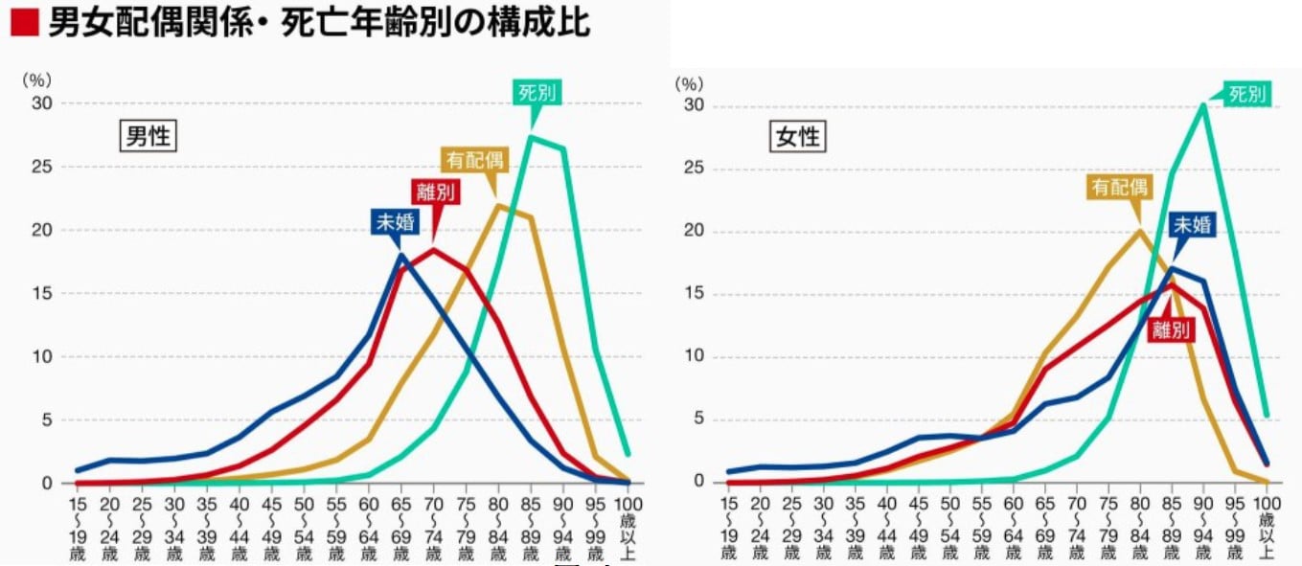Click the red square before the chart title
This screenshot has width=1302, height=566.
click(23, 22)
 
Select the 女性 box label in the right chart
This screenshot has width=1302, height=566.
click(797, 136)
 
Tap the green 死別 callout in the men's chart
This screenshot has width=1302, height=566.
click(537, 92)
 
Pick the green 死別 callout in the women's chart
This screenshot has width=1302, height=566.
click(1247, 94)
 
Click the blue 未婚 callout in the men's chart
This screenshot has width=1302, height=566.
click(395, 222)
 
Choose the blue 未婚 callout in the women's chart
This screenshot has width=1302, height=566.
click(1193, 225)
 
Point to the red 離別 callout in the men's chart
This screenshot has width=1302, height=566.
click(435, 192)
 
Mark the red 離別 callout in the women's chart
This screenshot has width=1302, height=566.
click(1172, 330)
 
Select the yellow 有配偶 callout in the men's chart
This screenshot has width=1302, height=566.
click(474, 160)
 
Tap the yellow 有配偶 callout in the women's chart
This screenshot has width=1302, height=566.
click(1118, 187)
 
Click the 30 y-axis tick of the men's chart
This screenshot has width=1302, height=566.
click(44, 103)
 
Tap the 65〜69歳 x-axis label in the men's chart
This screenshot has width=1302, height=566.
click(401, 527)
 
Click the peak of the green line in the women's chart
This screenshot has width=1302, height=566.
click(1202, 104)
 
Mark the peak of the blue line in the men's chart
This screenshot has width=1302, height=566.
click(401, 255)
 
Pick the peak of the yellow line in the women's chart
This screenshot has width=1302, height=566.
click(1138, 230)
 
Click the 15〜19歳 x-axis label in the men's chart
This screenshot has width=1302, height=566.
click(78, 527)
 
